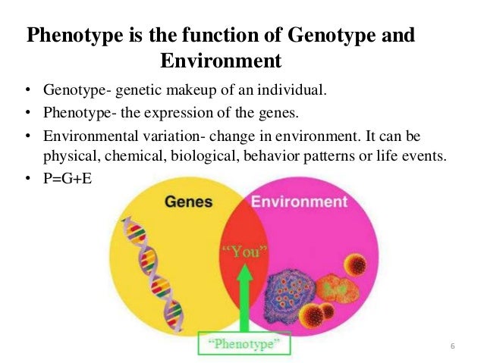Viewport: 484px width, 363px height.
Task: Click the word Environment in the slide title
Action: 221,59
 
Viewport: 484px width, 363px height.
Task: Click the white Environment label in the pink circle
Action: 298,202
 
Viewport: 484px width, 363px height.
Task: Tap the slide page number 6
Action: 452,347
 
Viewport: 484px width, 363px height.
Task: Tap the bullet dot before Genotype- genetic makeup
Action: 27,92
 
